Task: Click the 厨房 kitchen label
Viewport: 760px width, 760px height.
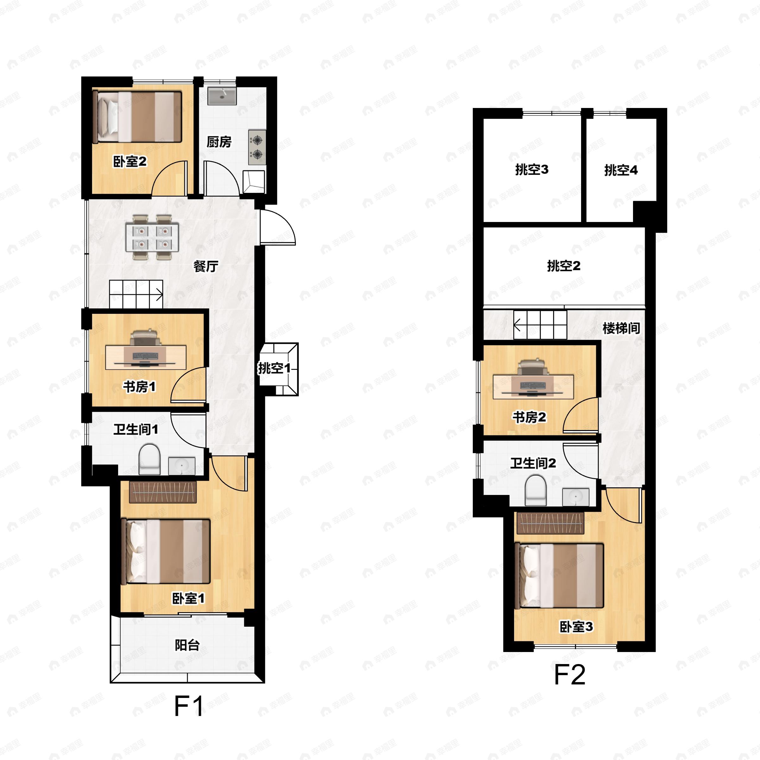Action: pos(219,142)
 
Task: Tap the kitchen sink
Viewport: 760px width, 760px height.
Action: pos(222,96)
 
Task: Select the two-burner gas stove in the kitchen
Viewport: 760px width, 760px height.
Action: pos(257,147)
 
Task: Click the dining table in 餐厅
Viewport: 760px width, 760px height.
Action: pos(152,237)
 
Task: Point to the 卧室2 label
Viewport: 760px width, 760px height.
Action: pos(130,161)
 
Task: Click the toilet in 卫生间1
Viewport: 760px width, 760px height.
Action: pos(149,459)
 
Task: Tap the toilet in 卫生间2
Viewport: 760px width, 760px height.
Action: pos(536,490)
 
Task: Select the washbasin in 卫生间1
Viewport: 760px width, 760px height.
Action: pos(182,466)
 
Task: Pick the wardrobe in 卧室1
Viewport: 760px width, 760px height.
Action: pos(163,492)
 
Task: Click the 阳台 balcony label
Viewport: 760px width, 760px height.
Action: pos(187,645)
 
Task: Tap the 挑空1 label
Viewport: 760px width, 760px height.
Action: pos(274,368)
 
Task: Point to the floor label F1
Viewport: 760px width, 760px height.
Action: pos(189,706)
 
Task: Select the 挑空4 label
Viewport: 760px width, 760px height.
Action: pos(621,170)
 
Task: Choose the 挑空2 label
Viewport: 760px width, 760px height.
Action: pos(564,266)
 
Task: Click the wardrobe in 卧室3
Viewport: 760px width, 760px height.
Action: pos(550,523)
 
